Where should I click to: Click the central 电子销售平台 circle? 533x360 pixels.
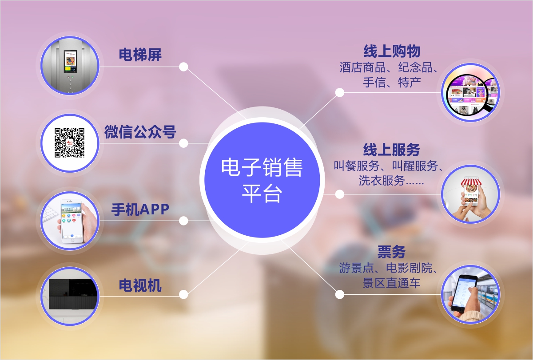pyautogui.click(x=262, y=180)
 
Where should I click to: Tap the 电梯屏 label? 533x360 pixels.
pyautogui.click(x=140, y=55)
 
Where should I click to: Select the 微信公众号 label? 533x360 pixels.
pyautogui.click(x=140, y=132)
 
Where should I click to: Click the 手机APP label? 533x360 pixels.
pyautogui.click(x=140, y=210)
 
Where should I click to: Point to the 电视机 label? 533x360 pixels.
pyautogui.click(x=140, y=285)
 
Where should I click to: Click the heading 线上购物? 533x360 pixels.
pyautogui.click(x=392, y=51)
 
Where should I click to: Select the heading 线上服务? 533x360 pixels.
pyautogui.click(x=392, y=150)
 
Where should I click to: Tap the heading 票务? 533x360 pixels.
pyautogui.click(x=392, y=252)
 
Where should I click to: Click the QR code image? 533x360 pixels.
pyautogui.click(x=70, y=143)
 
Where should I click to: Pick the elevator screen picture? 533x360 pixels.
pyautogui.click(x=70, y=65)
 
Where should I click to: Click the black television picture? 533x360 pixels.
pyautogui.click(x=70, y=296)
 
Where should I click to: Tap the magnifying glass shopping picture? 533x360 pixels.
pyautogui.click(x=470, y=92)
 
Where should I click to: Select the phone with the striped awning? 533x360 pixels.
pyautogui.click(x=470, y=194)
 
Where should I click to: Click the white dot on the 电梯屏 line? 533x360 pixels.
pyautogui.click(x=183, y=67)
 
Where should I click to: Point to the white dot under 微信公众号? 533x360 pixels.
pyautogui.click(x=183, y=143)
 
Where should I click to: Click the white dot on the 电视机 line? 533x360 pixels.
pyautogui.click(x=183, y=295)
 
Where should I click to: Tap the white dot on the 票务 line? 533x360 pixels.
pyautogui.click(x=340, y=294)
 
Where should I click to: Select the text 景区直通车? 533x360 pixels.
pyautogui.click(x=392, y=283)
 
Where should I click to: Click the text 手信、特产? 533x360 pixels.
pyautogui.click(x=392, y=82)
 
